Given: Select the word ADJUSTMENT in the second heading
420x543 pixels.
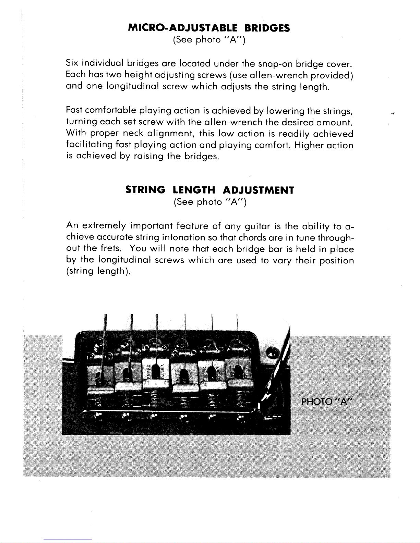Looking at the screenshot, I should pos(259,190).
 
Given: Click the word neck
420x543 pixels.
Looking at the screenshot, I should pos(133,133).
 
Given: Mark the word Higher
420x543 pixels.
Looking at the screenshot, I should pos(310,145).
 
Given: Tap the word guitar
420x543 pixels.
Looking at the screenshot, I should pos(257,226).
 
